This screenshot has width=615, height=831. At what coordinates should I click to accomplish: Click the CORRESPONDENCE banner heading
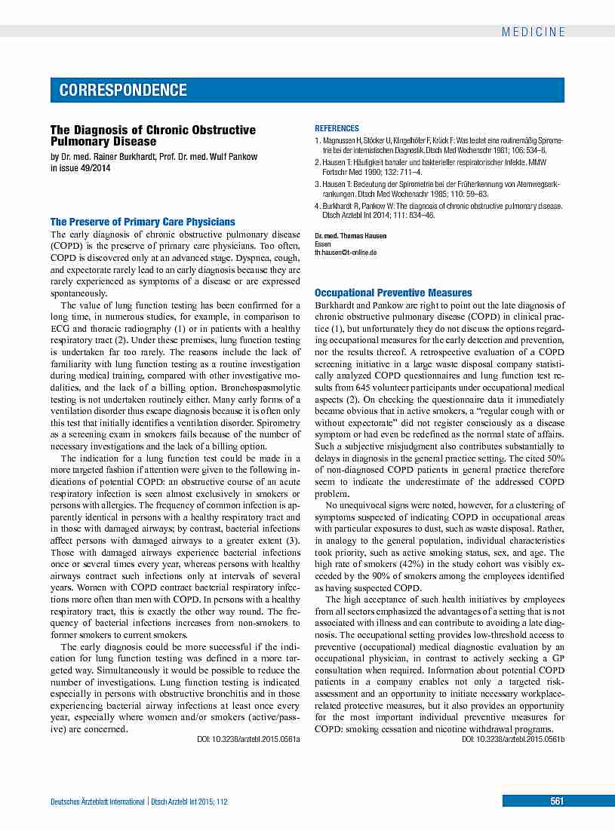[x=124, y=90]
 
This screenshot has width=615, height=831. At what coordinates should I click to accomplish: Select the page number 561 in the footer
[x=557, y=802]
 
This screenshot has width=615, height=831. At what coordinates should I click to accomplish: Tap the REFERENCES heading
[x=337, y=129]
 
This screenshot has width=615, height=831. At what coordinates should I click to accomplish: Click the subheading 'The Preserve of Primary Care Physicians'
[x=143, y=222]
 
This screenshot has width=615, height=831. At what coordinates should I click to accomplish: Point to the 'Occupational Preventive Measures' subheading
[x=393, y=293]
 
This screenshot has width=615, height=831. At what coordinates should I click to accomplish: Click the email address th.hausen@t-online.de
[x=346, y=253]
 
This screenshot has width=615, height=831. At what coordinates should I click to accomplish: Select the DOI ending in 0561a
[x=243, y=741]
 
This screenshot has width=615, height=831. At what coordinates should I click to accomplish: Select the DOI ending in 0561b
[x=513, y=740]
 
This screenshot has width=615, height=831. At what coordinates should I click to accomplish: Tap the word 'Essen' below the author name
[x=322, y=244]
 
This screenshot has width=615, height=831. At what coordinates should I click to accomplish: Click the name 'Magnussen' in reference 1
[x=340, y=141]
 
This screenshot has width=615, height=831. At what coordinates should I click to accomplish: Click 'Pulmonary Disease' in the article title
[x=103, y=141]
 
